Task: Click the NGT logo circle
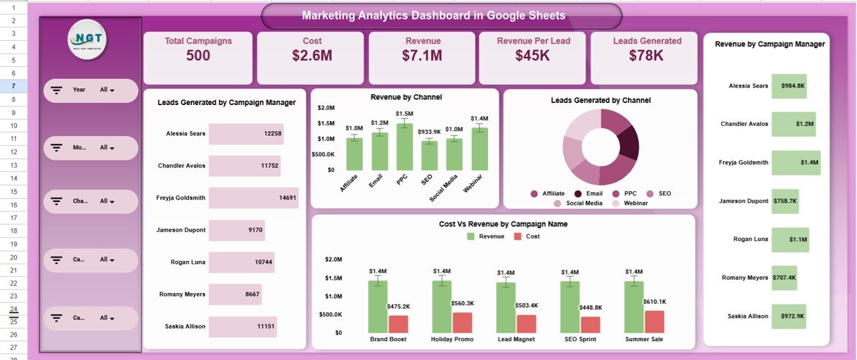point(87,41)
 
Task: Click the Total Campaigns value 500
point(198,56)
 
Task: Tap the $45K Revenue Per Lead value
point(533,56)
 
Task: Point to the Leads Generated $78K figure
point(647,56)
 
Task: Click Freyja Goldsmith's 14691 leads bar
point(254,198)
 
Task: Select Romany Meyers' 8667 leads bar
point(235,294)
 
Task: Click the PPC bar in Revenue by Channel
point(404,147)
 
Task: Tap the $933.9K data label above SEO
point(429,132)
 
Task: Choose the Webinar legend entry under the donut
point(635,203)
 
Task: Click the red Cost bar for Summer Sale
point(654,322)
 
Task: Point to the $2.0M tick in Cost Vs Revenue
point(333,259)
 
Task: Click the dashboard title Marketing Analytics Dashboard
point(433,15)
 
